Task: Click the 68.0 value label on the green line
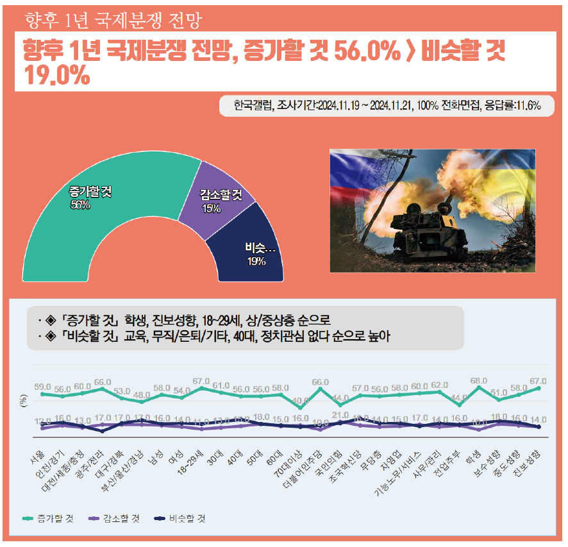click(x=478, y=381)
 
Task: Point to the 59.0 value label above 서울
click(x=42, y=387)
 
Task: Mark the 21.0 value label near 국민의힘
click(x=340, y=416)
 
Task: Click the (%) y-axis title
click(x=25, y=401)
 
